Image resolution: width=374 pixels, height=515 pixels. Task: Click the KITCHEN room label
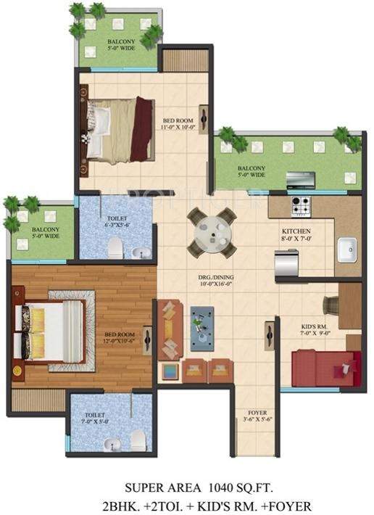click(x=296, y=231)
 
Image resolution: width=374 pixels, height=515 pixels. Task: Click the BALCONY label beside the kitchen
click(x=253, y=168)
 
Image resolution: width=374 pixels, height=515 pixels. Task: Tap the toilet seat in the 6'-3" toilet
click(x=114, y=249)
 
